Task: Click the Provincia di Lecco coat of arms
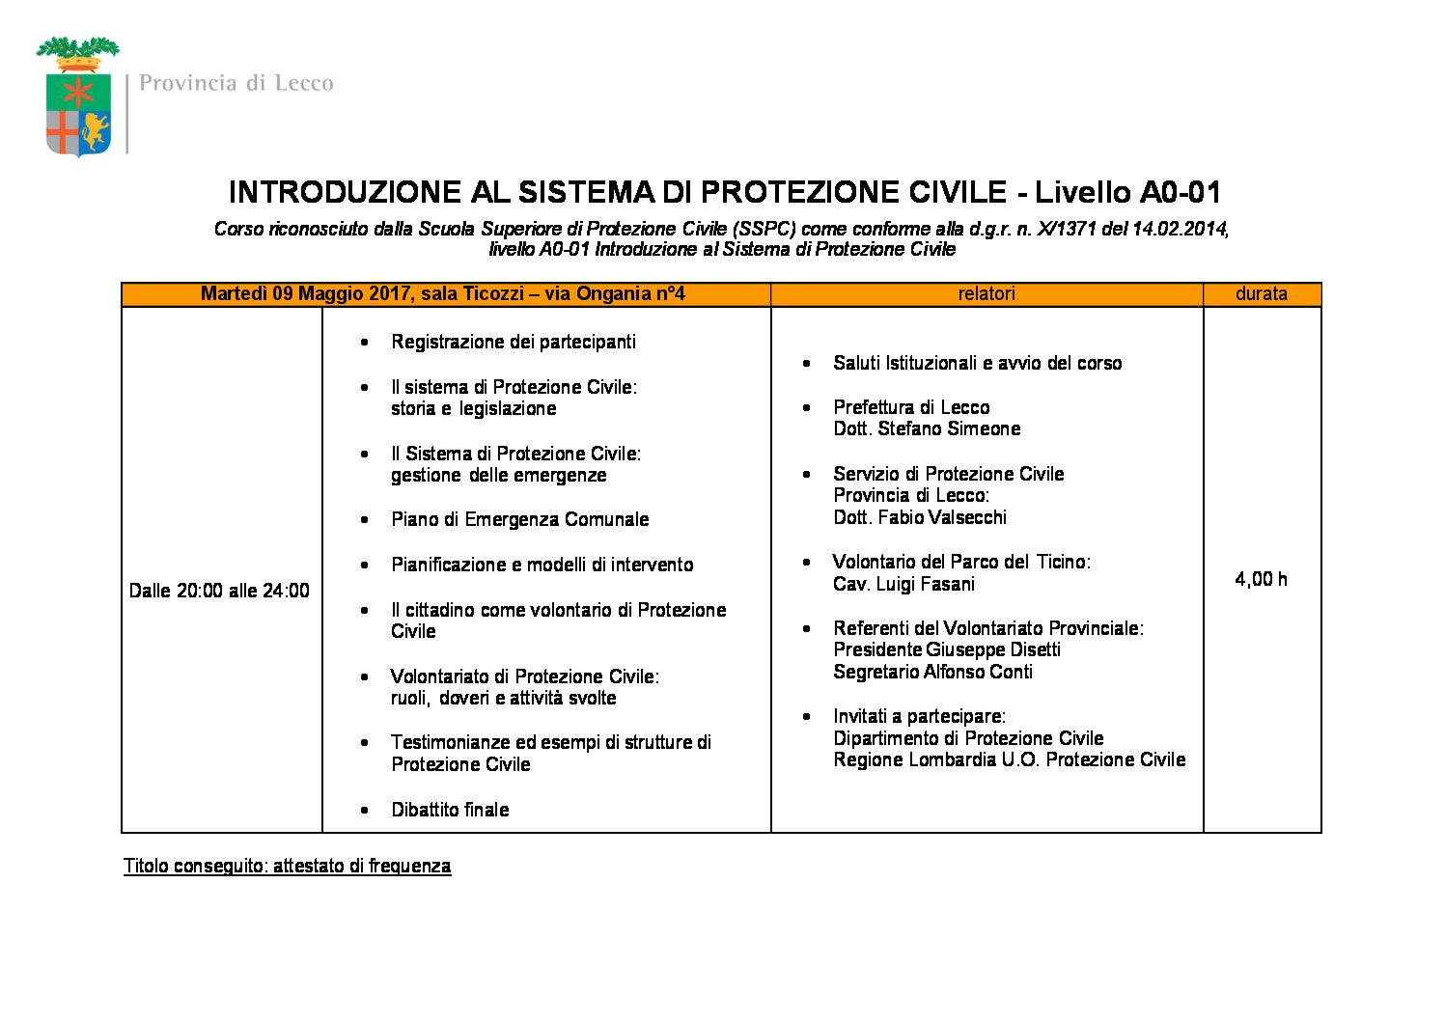tap(78, 98)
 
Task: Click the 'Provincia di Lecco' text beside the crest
tap(236, 83)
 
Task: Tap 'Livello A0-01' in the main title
tap(1127, 192)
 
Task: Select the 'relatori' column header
tap(986, 293)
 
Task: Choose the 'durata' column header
tap(1261, 293)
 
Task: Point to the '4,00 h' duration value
tap(1261, 579)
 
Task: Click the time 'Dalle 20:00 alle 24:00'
tap(219, 591)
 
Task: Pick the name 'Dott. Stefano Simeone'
tap(927, 428)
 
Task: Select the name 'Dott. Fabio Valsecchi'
tap(920, 517)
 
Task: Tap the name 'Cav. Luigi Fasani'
tap(903, 584)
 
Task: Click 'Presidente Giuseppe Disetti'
tap(947, 649)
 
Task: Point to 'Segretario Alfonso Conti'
tap(932, 672)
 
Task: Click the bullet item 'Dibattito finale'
tap(450, 810)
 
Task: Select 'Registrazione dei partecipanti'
tap(514, 342)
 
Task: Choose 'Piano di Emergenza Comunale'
tap(519, 519)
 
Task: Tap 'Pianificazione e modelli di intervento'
tap(542, 565)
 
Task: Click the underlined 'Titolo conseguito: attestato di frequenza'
tap(287, 866)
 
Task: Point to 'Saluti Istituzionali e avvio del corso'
tap(977, 363)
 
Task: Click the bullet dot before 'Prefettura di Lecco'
tap(806, 408)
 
